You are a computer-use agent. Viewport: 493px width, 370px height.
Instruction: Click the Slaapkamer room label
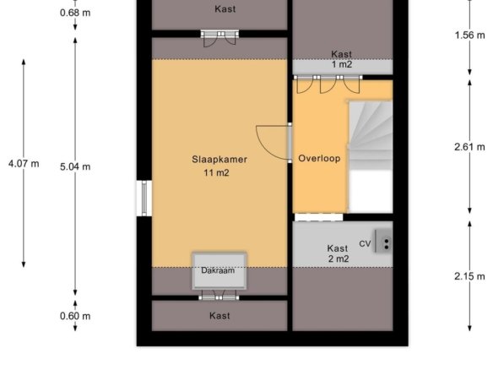219,159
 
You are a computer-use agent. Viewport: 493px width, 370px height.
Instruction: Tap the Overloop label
319,158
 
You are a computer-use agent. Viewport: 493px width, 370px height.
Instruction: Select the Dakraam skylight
219,271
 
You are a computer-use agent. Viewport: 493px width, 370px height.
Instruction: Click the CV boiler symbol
383,242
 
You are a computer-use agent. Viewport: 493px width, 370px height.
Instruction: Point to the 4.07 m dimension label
24,164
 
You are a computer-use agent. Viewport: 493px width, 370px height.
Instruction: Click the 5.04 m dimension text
75,166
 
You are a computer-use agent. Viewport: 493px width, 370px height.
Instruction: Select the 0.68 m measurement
75,13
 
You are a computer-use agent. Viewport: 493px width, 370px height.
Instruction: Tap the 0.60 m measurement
75,316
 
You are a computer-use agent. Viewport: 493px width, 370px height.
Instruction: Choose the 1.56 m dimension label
469,35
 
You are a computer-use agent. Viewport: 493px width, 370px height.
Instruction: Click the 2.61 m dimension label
469,147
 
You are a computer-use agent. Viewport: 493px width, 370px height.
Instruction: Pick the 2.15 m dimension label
469,276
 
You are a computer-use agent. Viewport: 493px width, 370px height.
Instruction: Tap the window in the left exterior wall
144,199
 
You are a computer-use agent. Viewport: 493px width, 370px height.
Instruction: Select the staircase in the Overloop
371,156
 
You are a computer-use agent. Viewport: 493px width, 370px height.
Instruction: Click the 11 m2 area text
216,172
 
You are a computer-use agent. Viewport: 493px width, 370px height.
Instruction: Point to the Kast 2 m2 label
339,253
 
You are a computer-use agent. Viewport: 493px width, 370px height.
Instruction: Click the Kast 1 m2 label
342,59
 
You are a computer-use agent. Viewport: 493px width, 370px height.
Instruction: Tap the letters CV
365,243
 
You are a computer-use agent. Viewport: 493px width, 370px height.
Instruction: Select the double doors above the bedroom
219,38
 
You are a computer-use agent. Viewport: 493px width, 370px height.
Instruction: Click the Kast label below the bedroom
219,316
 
